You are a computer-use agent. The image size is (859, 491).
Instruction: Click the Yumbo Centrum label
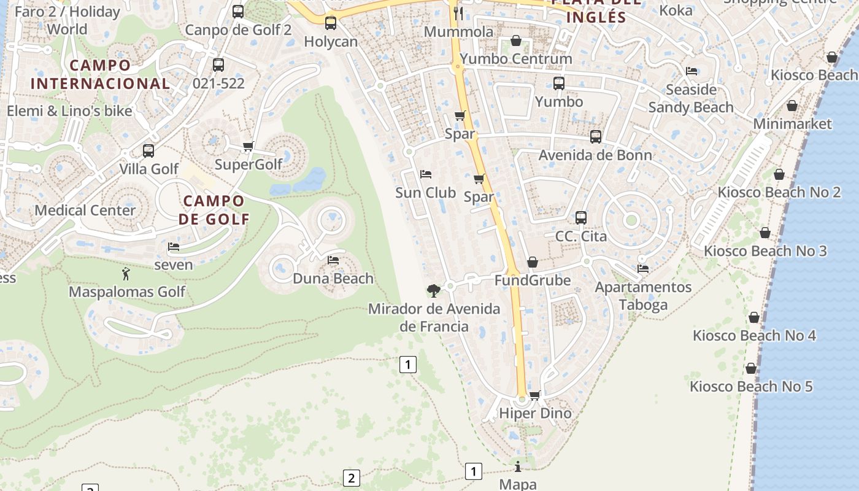pyautogui.click(x=515, y=59)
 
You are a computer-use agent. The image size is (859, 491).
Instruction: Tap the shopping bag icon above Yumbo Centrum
pyautogui.click(x=516, y=41)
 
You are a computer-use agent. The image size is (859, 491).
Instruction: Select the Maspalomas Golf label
pyautogui.click(x=126, y=292)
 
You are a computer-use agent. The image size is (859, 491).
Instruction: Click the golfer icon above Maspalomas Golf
pyautogui.click(x=126, y=274)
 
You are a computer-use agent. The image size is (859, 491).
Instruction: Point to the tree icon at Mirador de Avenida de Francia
pyautogui.click(x=434, y=290)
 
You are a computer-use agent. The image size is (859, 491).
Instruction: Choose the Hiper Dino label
pyautogui.click(x=535, y=413)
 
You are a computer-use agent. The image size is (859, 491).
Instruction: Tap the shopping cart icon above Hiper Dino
pyautogui.click(x=535, y=396)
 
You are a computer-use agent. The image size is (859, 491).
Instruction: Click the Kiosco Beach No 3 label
pyautogui.click(x=765, y=251)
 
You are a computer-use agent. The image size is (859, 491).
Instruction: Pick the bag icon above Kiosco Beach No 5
pyautogui.click(x=751, y=369)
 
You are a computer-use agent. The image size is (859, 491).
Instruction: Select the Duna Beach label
pyautogui.click(x=333, y=279)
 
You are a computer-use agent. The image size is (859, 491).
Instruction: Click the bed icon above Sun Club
pyautogui.click(x=426, y=175)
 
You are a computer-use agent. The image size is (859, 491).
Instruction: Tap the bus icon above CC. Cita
pyautogui.click(x=581, y=218)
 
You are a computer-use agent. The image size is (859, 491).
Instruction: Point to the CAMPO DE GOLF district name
pyautogui.click(x=214, y=210)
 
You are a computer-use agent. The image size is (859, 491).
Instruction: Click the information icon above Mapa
pyautogui.click(x=518, y=467)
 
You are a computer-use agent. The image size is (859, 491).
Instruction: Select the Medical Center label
pyautogui.click(x=85, y=211)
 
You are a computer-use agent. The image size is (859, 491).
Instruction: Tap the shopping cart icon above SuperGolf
pyautogui.click(x=248, y=146)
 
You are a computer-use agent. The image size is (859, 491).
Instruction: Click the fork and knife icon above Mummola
pyautogui.click(x=458, y=13)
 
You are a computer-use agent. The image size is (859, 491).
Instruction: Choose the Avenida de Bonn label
pyautogui.click(x=595, y=155)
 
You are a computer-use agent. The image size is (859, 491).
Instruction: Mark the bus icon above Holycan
pyautogui.click(x=331, y=23)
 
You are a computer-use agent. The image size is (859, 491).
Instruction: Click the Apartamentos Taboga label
pyautogui.click(x=643, y=296)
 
